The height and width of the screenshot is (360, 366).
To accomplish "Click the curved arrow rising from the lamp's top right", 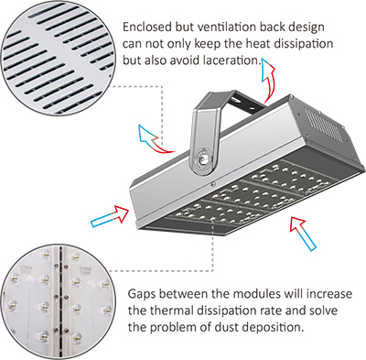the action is point(268,80).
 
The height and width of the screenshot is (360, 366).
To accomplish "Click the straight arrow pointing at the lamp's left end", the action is point(112,216).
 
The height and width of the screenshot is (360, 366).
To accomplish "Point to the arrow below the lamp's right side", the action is point(303,233).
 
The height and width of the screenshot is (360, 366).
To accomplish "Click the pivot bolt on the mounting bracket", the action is point(203,158).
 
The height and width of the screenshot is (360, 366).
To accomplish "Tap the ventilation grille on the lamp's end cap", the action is point(324,125).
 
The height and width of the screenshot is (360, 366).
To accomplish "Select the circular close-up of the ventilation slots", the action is point(58,58).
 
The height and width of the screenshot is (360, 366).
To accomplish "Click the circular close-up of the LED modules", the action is point(58,302).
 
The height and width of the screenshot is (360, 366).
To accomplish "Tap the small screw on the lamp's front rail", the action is point(213,184).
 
